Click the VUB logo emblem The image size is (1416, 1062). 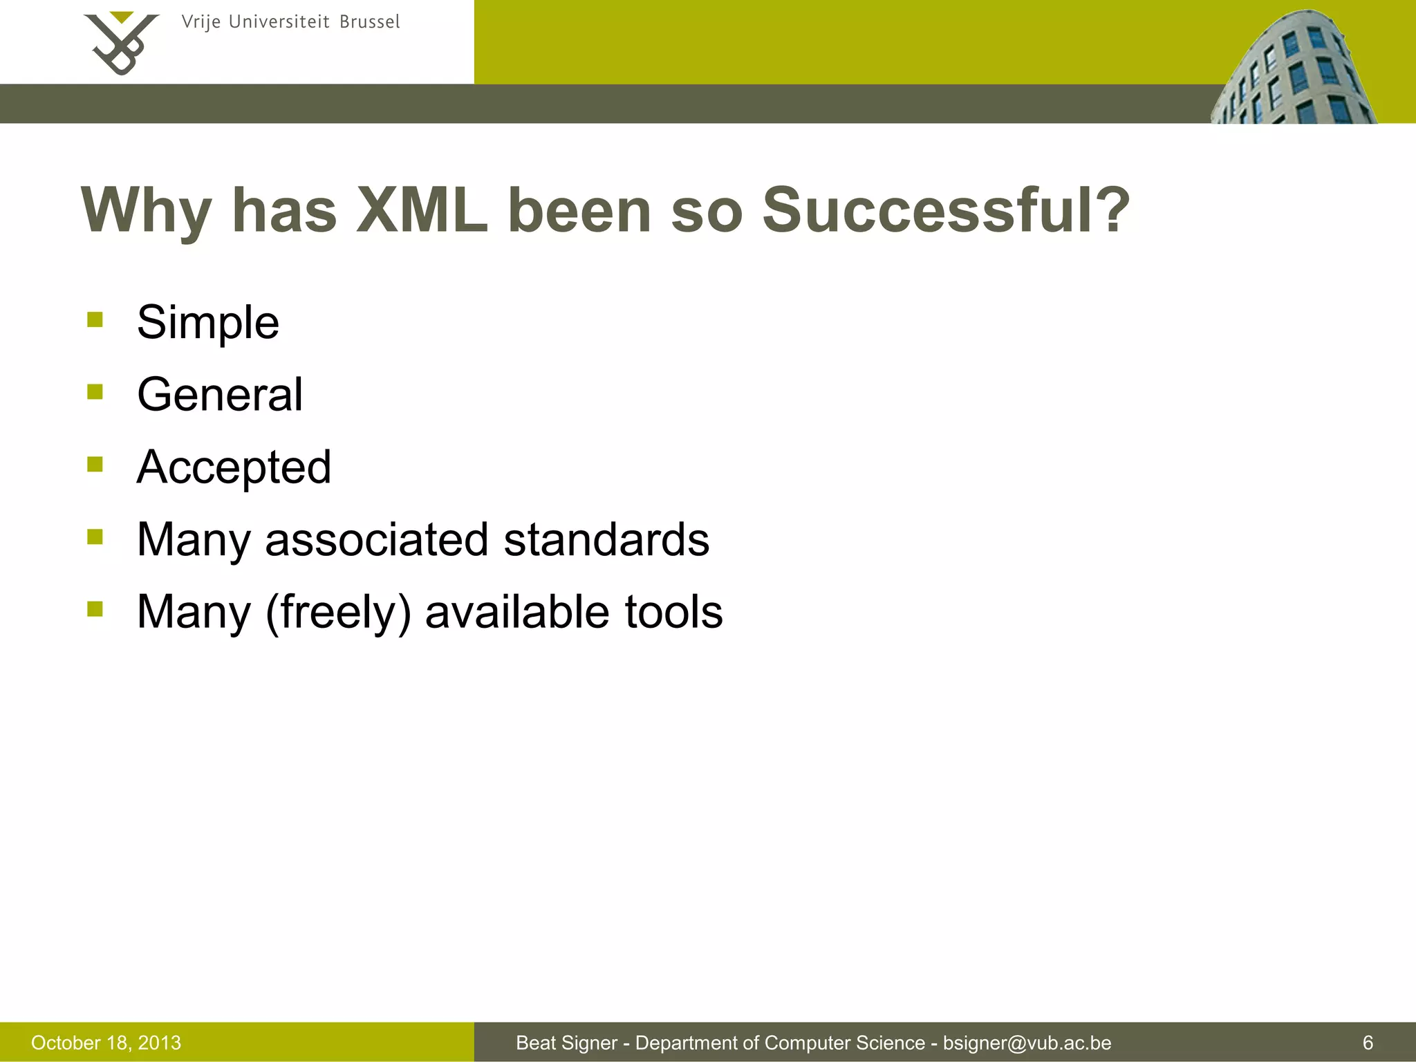(122, 43)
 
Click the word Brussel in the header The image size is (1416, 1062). (369, 22)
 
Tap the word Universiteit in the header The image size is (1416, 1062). (279, 22)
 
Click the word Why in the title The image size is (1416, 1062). (146, 211)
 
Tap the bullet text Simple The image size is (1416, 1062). (208, 322)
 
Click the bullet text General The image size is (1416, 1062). (220, 395)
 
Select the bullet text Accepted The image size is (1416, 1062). (234, 467)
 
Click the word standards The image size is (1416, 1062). (606, 539)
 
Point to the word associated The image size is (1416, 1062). (376, 539)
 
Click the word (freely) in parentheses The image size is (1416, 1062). (338, 613)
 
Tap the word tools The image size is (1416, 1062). (673, 613)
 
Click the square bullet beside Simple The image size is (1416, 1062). (95, 319)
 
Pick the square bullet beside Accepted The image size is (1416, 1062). (95, 464)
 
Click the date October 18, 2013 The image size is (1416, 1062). (106, 1043)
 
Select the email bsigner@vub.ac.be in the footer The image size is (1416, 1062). (1027, 1043)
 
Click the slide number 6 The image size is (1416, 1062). (1367, 1043)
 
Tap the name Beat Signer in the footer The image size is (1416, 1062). (566, 1043)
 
